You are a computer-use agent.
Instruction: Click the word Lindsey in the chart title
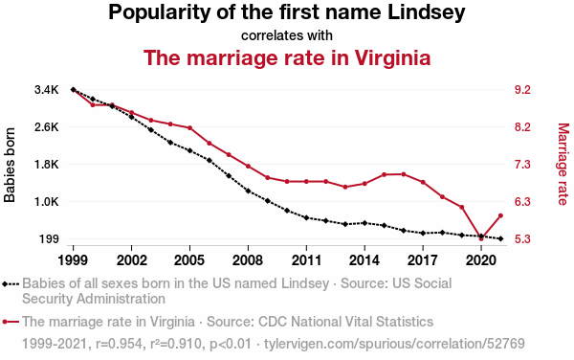(x=427, y=12)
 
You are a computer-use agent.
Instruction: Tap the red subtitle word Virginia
(x=392, y=57)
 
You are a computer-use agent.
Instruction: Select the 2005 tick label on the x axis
(x=189, y=260)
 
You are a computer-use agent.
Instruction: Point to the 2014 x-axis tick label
(x=364, y=260)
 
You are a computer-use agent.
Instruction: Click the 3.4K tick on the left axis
(x=47, y=90)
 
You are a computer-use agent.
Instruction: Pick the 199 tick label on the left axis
(x=49, y=239)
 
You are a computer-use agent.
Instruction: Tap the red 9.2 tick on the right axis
(x=522, y=90)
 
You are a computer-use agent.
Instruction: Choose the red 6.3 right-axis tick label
(x=522, y=202)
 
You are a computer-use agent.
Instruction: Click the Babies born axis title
(x=10, y=165)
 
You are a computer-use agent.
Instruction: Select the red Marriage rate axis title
(x=563, y=164)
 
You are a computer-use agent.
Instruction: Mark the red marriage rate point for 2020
(x=481, y=238)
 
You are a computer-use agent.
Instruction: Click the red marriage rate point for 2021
(x=500, y=215)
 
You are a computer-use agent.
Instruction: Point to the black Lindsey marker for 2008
(x=248, y=191)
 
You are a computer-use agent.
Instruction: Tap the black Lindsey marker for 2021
(x=500, y=238)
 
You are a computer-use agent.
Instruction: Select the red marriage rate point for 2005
(x=189, y=127)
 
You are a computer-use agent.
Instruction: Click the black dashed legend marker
(x=11, y=283)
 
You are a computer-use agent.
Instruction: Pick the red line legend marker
(x=11, y=322)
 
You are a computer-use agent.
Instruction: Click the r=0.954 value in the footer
(x=119, y=344)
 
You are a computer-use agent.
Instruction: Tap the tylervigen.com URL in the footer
(x=394, y=344)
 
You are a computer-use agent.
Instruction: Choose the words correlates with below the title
(x=287, y=35)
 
